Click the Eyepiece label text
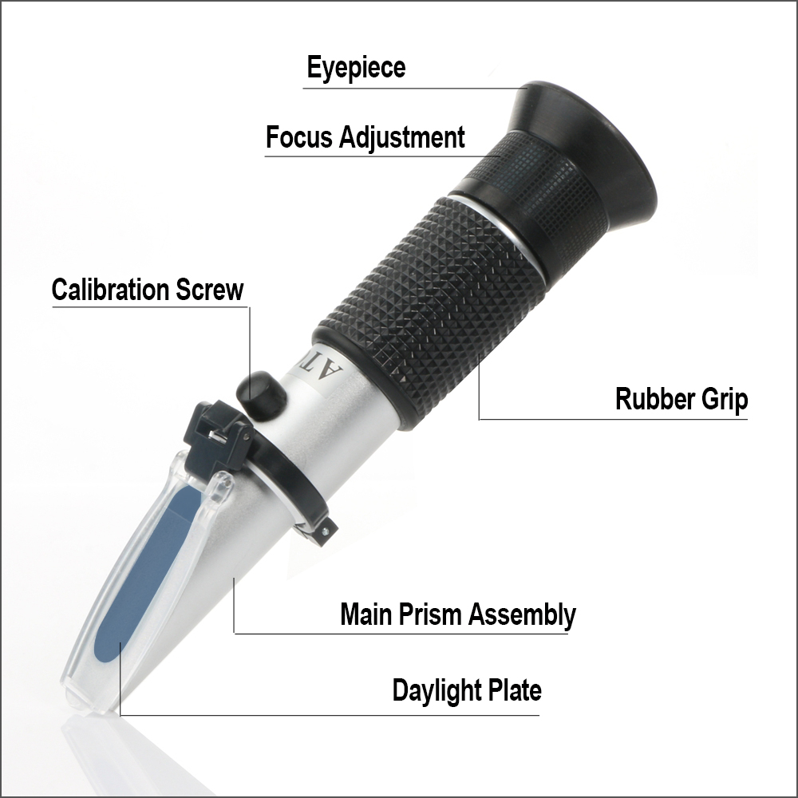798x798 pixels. pyautogui.click(x=356, y=68)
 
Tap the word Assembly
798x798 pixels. pyautogui.click(x=522, y=615)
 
